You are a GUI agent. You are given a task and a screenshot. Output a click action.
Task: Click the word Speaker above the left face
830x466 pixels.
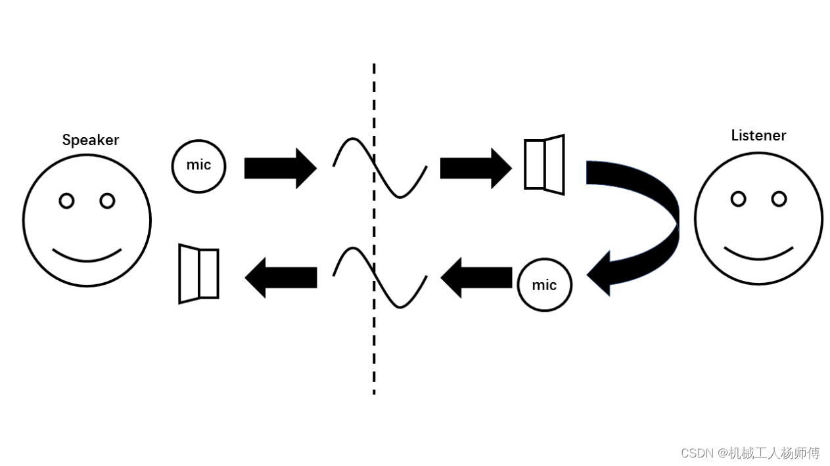coord(91,140)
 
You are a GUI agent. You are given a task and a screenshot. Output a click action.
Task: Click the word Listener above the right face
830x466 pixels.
coord(758,135)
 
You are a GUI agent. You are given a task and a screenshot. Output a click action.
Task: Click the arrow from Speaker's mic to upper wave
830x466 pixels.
coord(281,169)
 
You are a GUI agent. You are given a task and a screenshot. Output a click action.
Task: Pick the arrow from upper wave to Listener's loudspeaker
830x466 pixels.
coord(476,169)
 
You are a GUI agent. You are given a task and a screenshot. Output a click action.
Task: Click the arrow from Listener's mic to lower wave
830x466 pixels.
coord(476,278)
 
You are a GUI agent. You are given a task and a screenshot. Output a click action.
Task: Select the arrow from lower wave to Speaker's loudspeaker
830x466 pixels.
coord(281,278)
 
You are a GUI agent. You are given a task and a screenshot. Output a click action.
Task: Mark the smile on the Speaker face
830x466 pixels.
coord(87,261)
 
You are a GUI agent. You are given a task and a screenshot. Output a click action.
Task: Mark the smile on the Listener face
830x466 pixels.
coord(758,259)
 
